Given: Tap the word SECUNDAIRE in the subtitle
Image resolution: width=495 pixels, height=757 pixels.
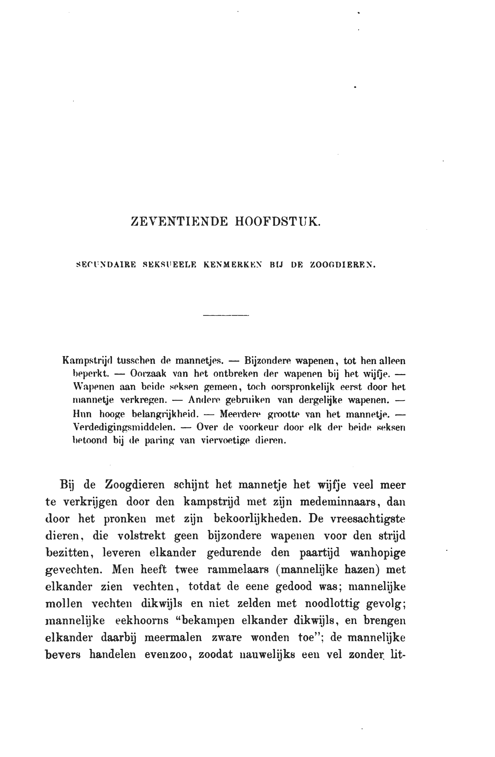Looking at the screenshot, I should tap(107, 264).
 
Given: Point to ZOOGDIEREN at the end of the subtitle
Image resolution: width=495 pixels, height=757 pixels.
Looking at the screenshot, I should tap(342, 264).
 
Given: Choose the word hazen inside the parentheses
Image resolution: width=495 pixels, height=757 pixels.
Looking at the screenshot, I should tap(362, 570).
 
